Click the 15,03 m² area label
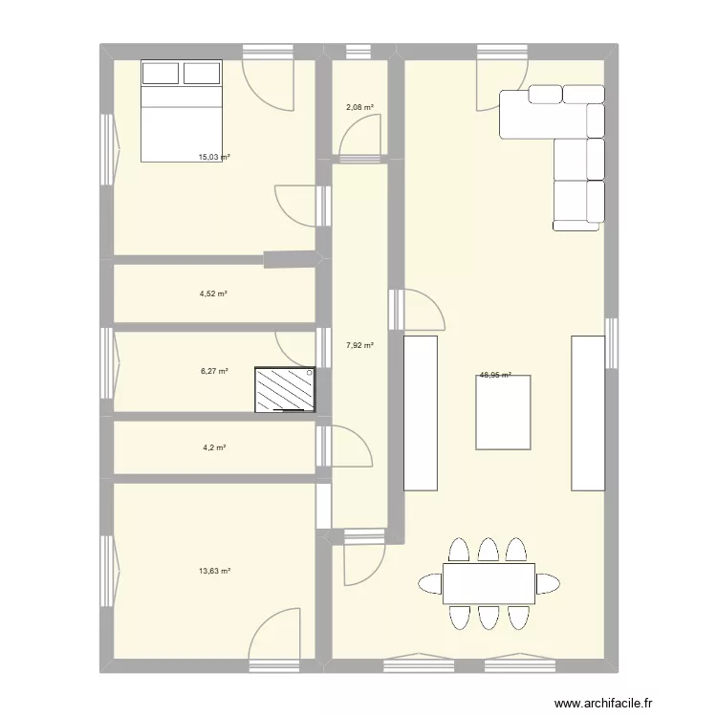[x=213, y=157]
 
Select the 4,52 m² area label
[x=213, y=294]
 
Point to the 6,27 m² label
[x=213, y=371]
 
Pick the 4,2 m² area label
[x=212, y=446]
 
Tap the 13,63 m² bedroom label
[x=214, y=571]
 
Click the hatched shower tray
[x=285, y=390]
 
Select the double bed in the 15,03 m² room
[x=182, y=110]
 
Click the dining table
[x=489, y=583]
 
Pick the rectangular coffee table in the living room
[x=503, y=412]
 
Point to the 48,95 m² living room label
[x=495, y=376]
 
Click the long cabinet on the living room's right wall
[x=588, y=413]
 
